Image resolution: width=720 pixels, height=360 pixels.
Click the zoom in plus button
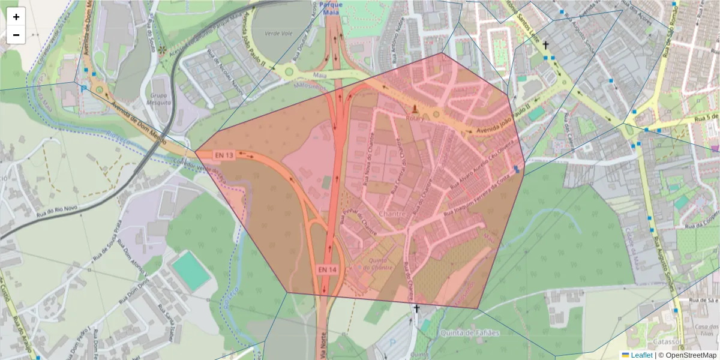[x=16, y=17]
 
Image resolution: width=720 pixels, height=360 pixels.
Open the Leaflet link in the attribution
[x=641, y=355]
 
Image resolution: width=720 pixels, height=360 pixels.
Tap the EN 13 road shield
[x=224, y=155]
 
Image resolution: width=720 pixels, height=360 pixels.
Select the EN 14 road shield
[x=328, y=269]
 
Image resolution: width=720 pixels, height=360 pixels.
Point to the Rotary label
[x=414, y=119]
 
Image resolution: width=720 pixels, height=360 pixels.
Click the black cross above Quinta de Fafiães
[x=416, y=309]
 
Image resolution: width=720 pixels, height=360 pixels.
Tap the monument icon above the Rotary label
[x=414, y=109]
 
